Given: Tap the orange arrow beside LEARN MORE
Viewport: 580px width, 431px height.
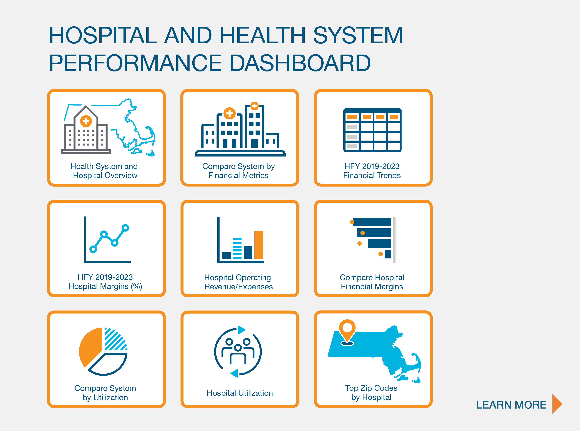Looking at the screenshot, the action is pos(557,404).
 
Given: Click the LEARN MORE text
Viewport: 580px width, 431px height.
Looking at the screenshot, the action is pos(511,405).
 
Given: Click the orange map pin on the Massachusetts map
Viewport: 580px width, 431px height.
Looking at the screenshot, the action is pos(347,329).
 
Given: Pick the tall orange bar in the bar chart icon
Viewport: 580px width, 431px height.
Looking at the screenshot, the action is pos(259,245).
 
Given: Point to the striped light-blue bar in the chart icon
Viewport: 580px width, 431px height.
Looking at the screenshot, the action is pos(237,248).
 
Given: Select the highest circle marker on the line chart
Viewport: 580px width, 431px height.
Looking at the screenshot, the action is pos(125,228).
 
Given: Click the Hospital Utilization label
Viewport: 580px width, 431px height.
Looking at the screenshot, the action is pos(239,393).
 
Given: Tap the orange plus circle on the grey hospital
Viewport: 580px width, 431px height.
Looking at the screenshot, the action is pos(86,121).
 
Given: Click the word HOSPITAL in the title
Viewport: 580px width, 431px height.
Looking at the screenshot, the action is pos(103,35).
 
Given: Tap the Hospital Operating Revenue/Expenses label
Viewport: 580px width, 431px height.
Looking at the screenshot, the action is pos(238,282).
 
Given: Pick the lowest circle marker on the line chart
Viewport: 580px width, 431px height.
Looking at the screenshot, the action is pos(93,249).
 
